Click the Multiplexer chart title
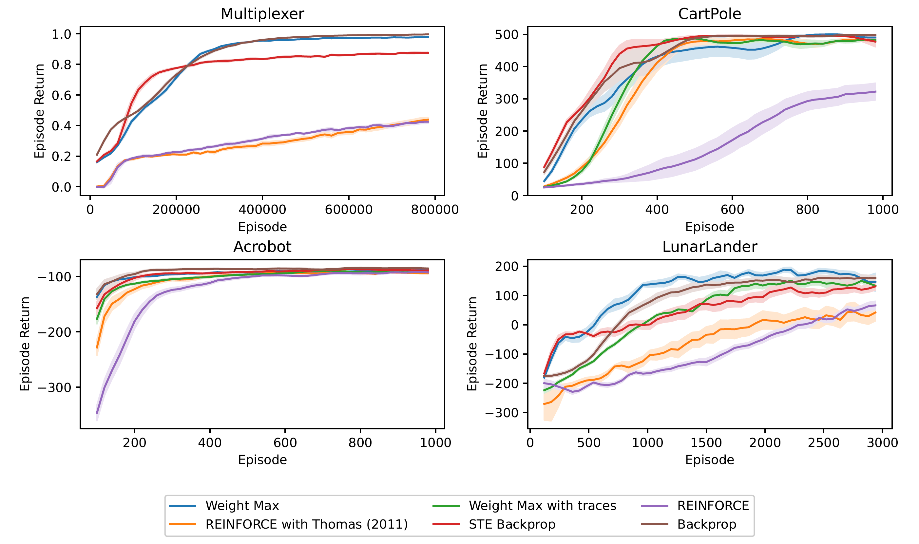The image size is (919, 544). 262,14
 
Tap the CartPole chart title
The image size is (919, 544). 709,14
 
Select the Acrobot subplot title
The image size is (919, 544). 262,247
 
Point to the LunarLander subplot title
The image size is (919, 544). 709,247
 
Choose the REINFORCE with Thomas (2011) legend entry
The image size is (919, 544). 306,524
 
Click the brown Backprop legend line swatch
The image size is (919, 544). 654,524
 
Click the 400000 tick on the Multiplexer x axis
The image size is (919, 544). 262,210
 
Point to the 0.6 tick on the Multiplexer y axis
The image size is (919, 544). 61,95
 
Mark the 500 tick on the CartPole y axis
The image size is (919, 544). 506,35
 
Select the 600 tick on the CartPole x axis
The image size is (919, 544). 732,210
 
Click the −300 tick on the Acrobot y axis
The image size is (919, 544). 54,387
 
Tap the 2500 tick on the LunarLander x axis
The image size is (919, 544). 823,443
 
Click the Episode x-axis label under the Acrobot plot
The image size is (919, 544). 262,460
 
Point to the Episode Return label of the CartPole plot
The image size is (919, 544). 482,111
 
